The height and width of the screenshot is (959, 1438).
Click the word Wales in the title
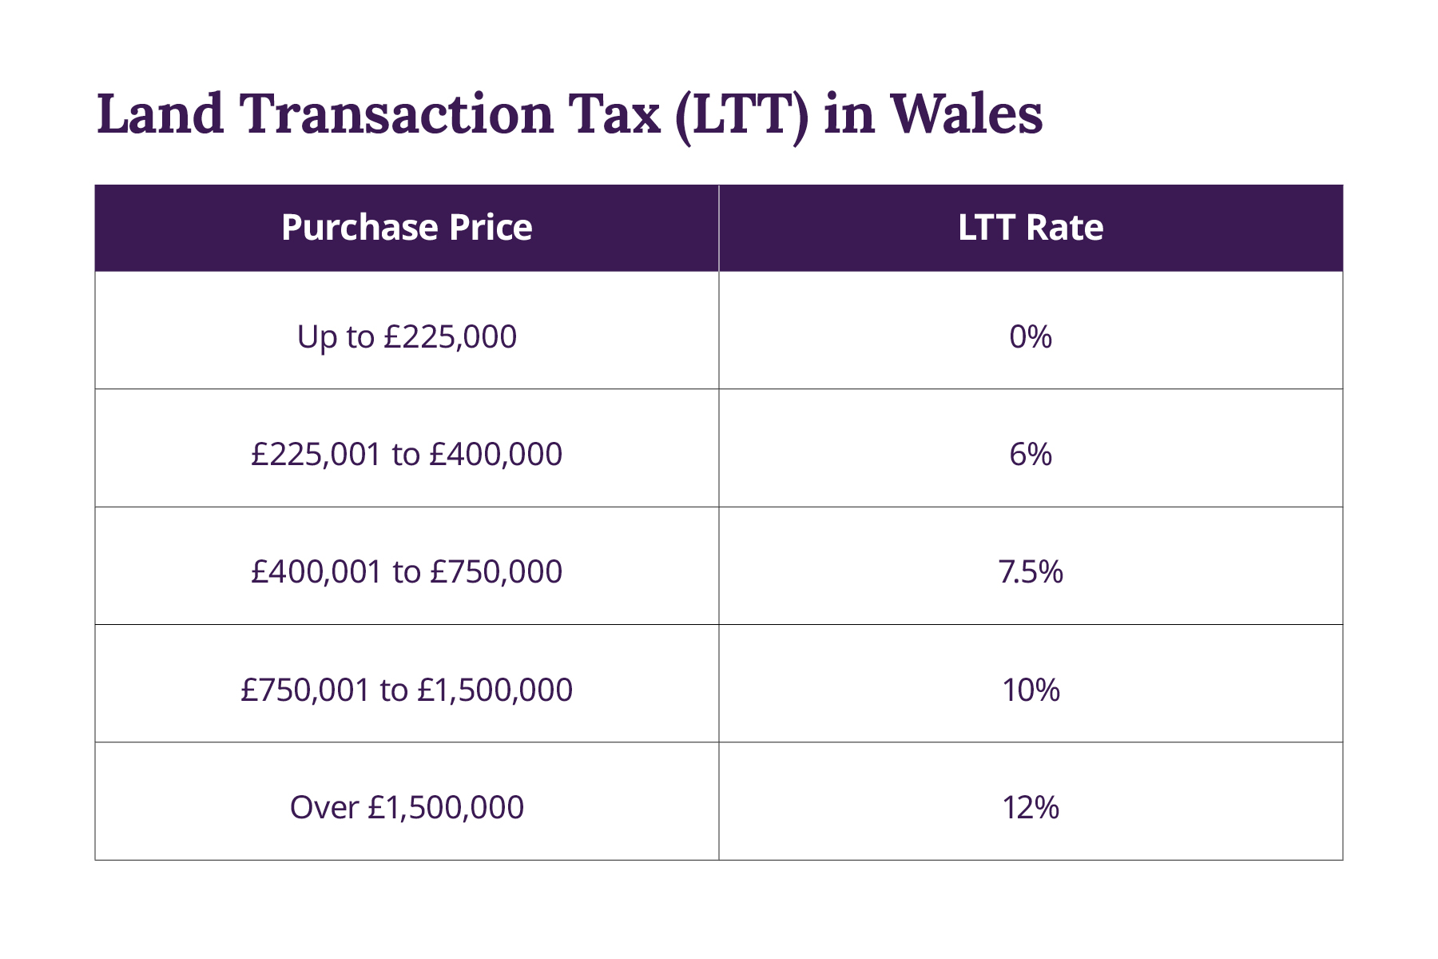[x=966, y=113]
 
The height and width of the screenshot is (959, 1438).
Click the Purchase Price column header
[x=407, y=228]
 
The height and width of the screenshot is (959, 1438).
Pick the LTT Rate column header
[x=1031, y=228]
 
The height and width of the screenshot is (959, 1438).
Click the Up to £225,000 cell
[x=407, y=336]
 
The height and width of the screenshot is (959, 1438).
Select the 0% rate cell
[x=1031, y=336]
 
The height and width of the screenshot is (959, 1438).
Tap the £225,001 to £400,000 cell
[x=407, y=454]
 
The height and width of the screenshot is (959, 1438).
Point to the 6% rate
[x=1031, y=454]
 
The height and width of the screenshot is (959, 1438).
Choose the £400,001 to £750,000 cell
[x=407, y=571]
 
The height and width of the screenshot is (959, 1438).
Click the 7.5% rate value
[x=1031, y=571]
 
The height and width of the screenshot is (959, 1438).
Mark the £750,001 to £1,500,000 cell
[x=407, y=690]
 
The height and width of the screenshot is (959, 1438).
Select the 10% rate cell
[x=1031, y=690]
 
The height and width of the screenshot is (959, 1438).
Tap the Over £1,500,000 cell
[x=407, y=807]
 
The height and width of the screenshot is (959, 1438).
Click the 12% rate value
[x=1031, y=807]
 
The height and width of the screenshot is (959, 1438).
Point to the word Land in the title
[x=161, y=113]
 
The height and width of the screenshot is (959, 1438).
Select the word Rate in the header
[x=1065, y=228]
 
